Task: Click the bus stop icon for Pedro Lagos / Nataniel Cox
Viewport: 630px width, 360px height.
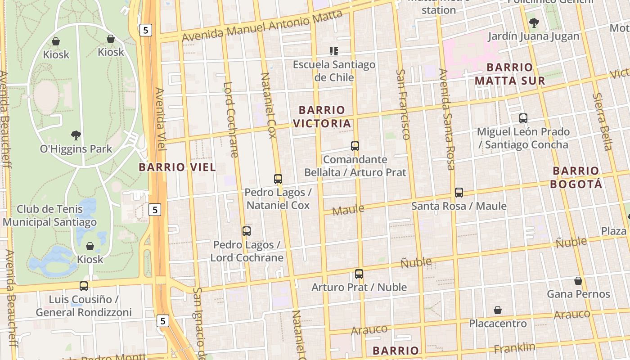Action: (278, 179)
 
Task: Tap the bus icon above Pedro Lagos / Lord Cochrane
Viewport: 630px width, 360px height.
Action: (247, 231)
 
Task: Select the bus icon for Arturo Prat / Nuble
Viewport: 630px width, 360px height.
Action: (359, 274)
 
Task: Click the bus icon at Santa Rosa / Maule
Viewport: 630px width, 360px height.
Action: (459, 193)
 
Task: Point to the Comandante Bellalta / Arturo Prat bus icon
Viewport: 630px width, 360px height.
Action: (355, 146)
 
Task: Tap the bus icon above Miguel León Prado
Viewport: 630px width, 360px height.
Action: (523, 118)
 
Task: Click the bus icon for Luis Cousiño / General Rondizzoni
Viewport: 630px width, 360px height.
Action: (84, 286)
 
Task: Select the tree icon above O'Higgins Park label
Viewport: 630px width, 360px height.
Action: (76, 135)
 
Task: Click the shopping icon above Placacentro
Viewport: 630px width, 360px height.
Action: (498, 310)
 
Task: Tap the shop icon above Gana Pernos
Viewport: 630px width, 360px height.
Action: (578, 281)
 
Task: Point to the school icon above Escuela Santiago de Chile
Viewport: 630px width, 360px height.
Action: (334, 51)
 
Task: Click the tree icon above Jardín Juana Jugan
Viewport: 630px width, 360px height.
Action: (534, 22)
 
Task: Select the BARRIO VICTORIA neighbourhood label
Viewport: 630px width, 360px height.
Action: (322, 117)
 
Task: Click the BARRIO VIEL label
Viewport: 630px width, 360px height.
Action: (177, 167)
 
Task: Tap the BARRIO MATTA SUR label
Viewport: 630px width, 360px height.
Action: (510, 74)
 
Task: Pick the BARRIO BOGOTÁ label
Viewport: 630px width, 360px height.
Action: (576, 177)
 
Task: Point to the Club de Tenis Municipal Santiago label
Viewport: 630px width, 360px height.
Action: (49, 216)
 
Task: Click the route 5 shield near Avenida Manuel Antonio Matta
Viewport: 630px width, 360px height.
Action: (145, 30)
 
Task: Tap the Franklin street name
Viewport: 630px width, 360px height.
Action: (514, 348)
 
